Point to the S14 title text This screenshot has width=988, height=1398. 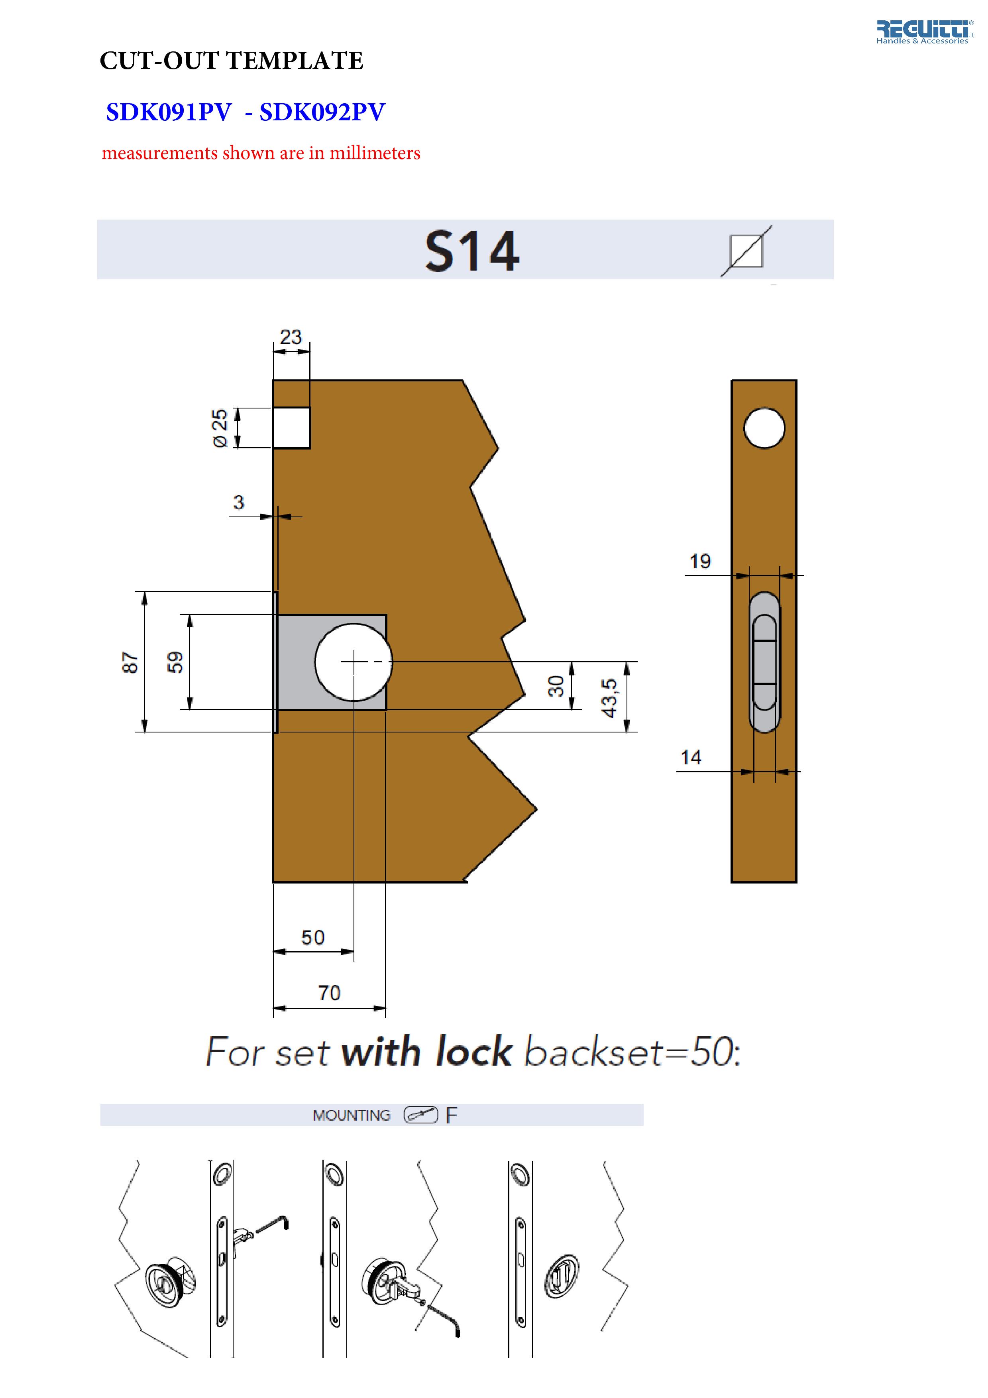472,251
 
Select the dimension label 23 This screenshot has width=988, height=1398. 291,337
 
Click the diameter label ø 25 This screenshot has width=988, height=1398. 220,428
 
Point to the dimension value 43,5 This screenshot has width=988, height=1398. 609,698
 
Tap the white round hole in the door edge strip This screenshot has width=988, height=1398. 764,428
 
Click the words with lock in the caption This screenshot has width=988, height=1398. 426,1052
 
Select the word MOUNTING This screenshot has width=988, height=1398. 351,1115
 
